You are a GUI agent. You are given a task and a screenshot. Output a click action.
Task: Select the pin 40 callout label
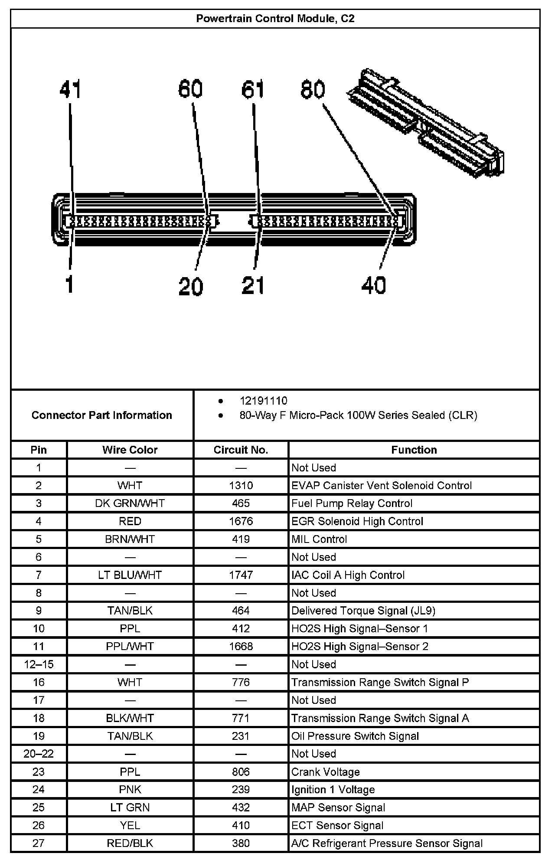[373, 285]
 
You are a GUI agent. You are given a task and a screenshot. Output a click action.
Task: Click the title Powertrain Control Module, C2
[275, 19]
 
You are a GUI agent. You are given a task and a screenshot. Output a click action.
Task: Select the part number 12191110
[263, 401]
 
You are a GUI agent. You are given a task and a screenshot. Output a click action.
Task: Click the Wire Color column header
[130, 450]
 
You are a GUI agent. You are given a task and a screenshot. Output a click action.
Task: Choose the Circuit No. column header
[241, 450]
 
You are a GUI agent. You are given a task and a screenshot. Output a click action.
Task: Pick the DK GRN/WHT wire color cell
[130, 503]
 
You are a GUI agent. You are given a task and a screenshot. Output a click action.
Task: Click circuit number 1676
[241, 521]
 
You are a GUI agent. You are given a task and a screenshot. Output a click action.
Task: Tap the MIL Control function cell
[319, 539]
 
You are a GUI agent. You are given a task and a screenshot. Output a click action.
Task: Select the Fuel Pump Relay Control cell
[352, 503]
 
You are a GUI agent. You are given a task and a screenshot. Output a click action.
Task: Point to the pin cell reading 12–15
[39, 664]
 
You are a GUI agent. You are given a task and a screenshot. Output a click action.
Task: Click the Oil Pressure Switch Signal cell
[355, 736]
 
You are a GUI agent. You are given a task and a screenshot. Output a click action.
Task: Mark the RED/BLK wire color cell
[130, 843]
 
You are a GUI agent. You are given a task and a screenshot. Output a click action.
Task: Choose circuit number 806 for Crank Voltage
[241, 772]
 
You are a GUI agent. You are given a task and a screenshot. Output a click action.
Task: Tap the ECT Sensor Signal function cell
[337, 826]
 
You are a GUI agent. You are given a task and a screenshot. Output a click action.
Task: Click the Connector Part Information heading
[102, 415]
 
